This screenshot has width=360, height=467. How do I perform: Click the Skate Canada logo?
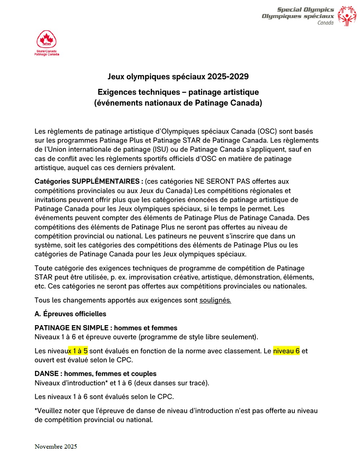(46, 43)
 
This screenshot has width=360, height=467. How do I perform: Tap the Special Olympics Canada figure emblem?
(347, 16)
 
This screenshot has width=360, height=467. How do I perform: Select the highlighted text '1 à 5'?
(80, 351)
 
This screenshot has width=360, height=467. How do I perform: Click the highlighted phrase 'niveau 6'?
(286, 351)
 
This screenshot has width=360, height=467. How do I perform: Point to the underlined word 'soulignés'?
(215, 300)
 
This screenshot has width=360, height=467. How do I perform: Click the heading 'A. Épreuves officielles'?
(70, 314)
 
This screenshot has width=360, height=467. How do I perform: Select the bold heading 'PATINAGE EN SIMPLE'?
(71, 328)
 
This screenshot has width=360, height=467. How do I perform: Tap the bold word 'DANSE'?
(46, 374)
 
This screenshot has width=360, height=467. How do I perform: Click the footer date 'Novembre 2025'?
(55, 446)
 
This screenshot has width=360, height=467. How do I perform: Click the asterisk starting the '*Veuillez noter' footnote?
(36, 410)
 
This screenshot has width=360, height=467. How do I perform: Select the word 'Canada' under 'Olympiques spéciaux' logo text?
(325, 23)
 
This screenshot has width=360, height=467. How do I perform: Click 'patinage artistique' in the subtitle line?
(223, 92)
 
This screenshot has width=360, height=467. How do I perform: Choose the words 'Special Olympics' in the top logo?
(305, 10)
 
